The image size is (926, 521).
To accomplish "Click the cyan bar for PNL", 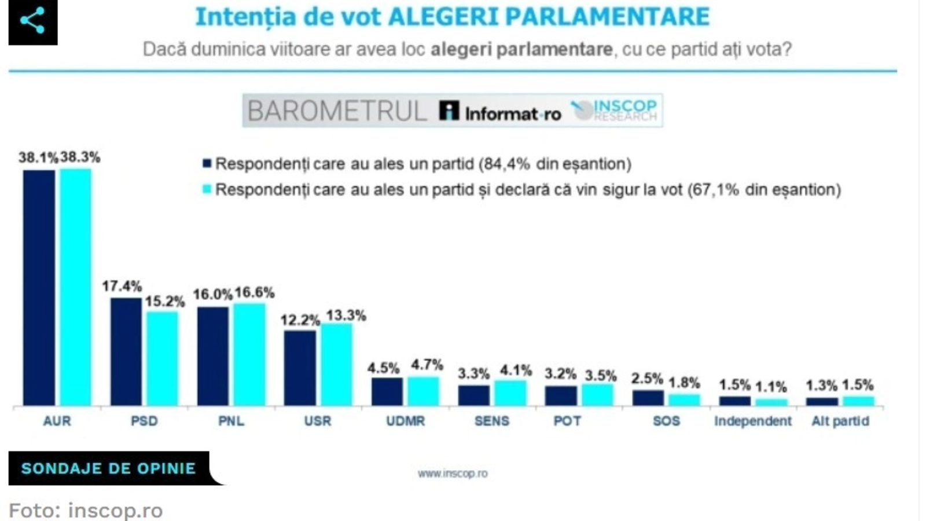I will tap(249, 354).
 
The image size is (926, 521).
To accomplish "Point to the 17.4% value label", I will tap(122, 286).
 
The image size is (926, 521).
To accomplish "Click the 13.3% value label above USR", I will tap(346, 315).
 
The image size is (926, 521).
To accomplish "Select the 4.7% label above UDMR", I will tap(427, 365).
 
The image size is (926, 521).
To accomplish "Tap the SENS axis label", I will tap(492, 421).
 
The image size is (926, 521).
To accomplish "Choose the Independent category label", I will tap(752, 421).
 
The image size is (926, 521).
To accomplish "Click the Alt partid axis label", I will tap(840, 421).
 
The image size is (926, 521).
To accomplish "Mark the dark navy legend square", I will tap(207, 164).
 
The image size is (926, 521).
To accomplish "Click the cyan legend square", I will tap(207, 189).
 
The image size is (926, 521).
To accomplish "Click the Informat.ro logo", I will tap(500, 111).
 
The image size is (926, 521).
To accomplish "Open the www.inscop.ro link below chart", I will tap(453, 474).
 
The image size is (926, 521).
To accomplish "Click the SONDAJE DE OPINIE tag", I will tap(109, 468).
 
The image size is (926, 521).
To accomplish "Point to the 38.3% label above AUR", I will tap(80, 157).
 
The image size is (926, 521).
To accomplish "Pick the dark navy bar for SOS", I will tap(648, 398).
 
